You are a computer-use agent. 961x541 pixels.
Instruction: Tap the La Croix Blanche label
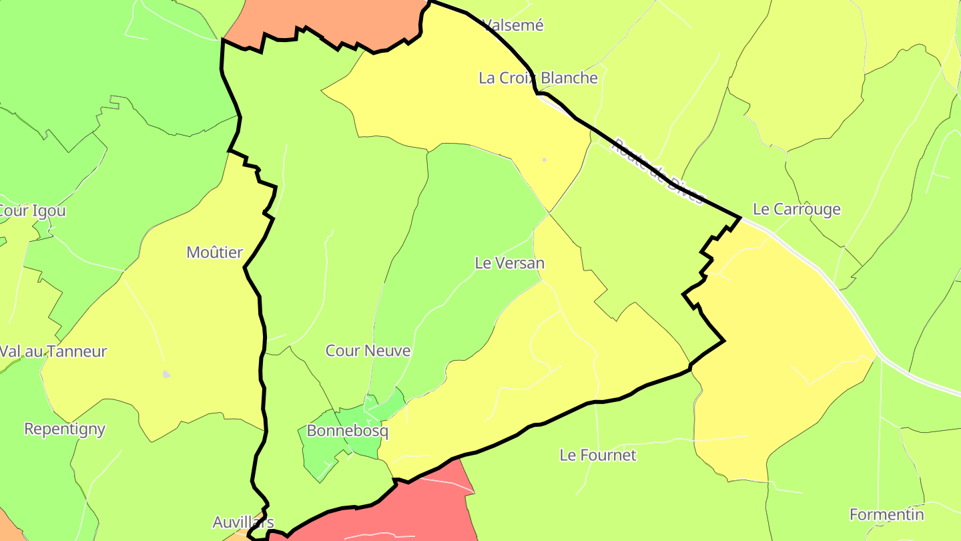[538, 77]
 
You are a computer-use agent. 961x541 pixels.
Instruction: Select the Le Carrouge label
[796, 209]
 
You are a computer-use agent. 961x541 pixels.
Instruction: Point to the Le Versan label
[509, 263]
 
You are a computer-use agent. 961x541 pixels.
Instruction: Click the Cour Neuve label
[368, 351]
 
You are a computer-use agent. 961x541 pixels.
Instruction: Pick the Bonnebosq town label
[347, 431]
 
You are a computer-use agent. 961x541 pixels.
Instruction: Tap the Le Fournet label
[598, 456]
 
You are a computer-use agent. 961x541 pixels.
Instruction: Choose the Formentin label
[886, 515]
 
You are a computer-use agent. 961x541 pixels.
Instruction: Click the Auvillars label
[243, 522]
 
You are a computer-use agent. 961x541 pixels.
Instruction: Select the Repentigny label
[65, 429]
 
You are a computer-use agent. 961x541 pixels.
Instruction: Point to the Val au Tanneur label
[53, 351]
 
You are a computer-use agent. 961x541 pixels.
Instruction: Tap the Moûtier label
[215, 252]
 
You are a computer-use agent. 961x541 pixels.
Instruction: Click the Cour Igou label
[32, 211]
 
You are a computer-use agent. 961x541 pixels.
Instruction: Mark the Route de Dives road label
[659, 171]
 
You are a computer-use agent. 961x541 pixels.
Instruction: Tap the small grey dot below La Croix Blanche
[544, 160]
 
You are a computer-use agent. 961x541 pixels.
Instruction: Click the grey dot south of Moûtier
[166, 375]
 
